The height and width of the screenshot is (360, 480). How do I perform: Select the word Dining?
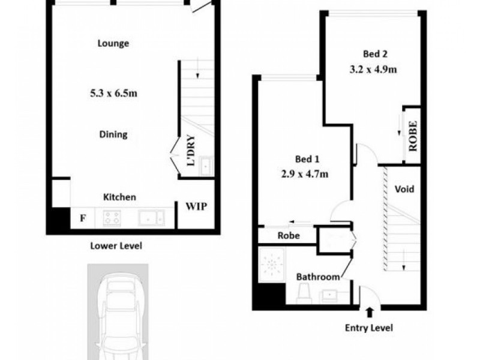coord(113,134)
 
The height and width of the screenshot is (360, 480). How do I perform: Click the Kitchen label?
coord(120,197)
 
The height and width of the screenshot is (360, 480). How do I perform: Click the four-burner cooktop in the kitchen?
coord(112,218)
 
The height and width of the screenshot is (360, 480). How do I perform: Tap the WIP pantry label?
coord(196,207)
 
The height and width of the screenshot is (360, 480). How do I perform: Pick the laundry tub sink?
coord(205,166)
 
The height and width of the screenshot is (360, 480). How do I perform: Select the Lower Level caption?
coord(116,245)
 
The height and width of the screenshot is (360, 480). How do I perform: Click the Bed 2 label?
coord(375,52)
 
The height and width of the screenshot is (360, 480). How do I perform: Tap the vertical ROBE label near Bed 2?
coord(413,135)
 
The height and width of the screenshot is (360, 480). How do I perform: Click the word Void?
coord(404,189)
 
